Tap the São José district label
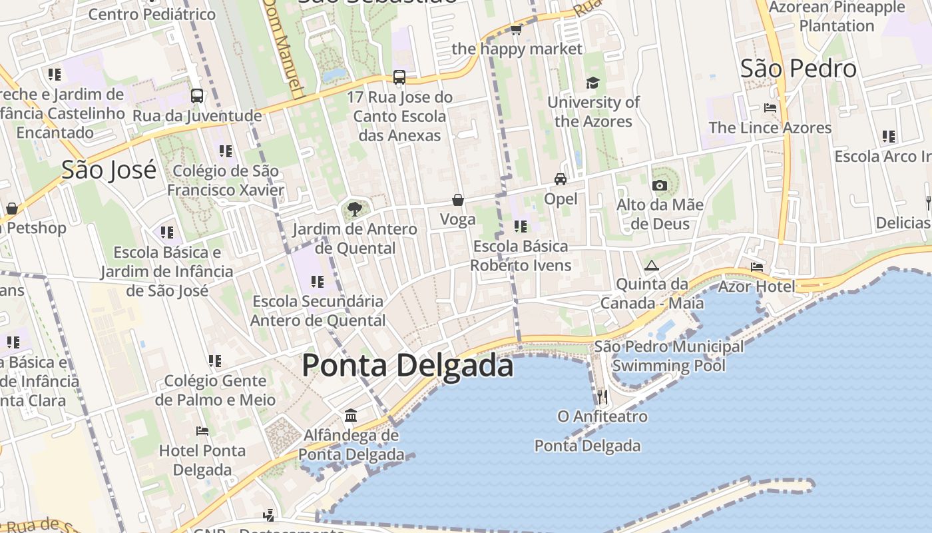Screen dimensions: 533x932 coord(109,170)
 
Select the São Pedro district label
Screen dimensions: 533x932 coord(798,69)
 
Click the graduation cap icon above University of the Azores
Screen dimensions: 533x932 coord(592,83)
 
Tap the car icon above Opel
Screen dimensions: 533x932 coord(561,179)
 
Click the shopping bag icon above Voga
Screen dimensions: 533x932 coord(458,200)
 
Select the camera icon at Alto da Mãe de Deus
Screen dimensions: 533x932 coord(660,185)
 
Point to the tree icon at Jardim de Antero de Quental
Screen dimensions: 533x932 coord(355,209)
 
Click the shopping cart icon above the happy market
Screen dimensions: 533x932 coord(516,29)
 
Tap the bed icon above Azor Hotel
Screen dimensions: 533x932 coord(757,267)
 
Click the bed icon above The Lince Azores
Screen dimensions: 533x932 coord(770,108)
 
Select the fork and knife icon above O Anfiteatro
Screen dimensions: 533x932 coord(602,397)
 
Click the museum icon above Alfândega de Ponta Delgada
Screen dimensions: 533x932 coord(351,416)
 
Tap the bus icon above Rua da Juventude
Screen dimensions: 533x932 coord(197,96)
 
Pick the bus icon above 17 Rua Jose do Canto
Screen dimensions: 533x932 coord(399,77)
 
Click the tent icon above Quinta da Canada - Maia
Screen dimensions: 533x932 coord(652,265)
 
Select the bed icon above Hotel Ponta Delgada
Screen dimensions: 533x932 coord(202,431)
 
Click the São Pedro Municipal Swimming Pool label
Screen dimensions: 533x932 coord(668,356)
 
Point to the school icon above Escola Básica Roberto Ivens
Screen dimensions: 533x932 coord(521,227)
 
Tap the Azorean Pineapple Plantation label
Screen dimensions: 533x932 coord(837,17)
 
